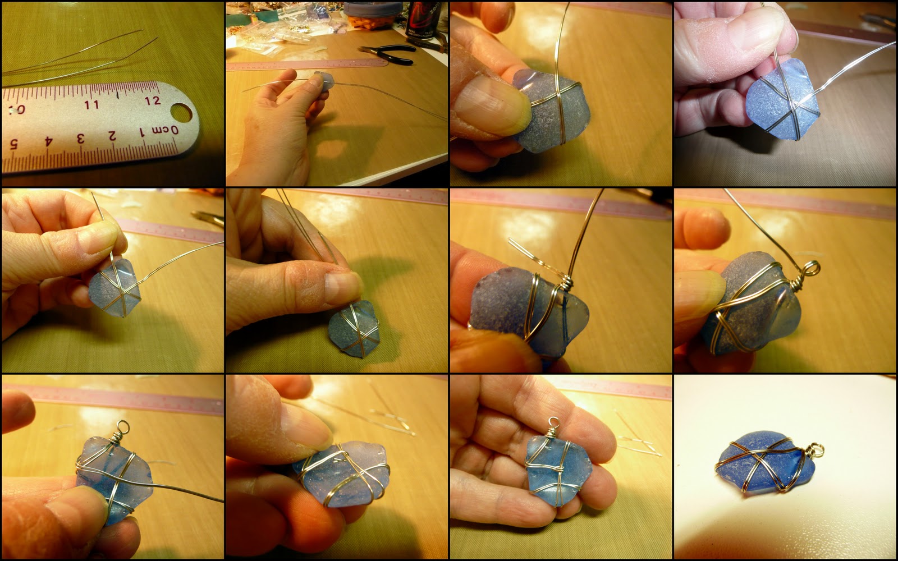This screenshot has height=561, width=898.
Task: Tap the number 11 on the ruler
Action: tap(92, 104)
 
